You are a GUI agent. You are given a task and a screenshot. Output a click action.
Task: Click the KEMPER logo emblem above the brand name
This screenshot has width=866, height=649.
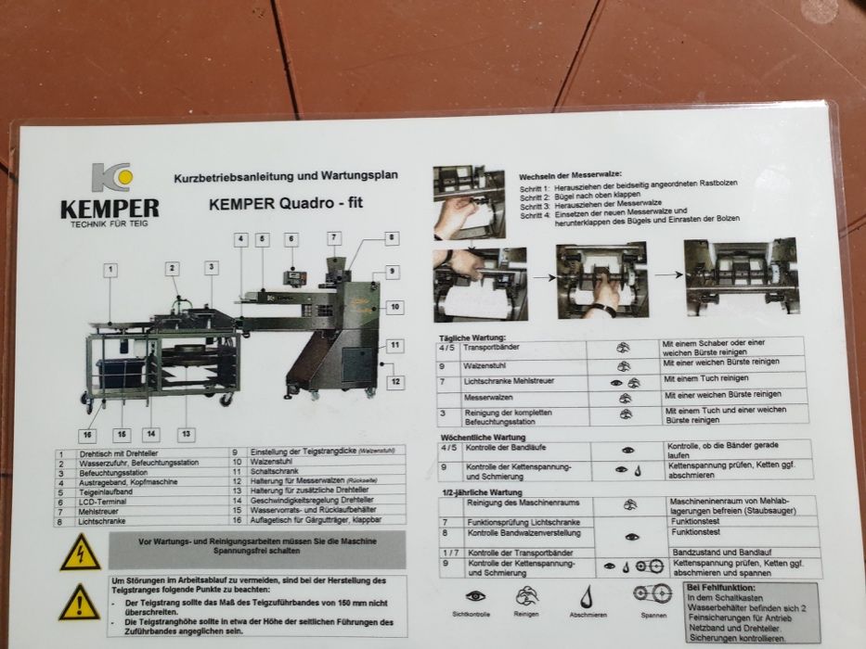111,177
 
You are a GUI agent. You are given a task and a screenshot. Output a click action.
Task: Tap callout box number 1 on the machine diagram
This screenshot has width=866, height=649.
110,270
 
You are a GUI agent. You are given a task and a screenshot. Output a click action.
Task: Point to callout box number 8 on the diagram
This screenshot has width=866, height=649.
392,238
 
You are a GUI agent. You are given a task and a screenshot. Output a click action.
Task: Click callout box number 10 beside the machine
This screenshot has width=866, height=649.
394,307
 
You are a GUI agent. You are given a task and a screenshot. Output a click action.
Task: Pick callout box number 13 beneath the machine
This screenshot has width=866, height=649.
187,434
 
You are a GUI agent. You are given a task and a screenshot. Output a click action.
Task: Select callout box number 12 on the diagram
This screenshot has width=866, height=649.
395,381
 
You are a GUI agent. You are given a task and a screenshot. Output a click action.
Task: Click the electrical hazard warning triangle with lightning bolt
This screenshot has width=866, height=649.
80,554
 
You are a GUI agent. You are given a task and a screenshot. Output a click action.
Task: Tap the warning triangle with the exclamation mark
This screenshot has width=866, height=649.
79,604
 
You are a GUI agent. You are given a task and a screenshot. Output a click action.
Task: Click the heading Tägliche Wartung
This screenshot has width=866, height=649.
472,337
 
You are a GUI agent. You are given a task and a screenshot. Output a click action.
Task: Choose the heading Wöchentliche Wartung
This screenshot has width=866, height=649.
483,437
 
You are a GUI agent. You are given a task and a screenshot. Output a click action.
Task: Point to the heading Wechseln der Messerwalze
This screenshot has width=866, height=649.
570,175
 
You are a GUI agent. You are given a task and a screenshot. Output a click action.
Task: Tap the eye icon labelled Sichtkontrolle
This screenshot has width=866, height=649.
475,596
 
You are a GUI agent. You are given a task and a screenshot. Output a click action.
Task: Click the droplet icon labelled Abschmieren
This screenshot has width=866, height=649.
587,596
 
